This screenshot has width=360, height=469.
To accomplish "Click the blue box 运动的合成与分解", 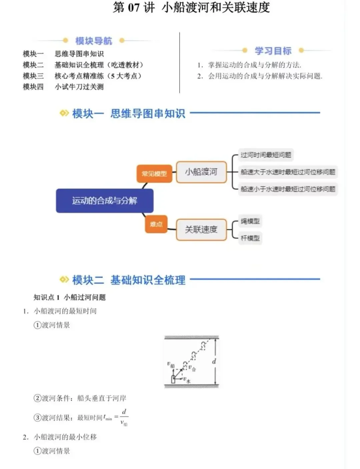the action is point(104,201).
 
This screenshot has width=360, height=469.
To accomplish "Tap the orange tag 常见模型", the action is point(154,173).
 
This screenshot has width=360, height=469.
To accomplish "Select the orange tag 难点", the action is point(156,224).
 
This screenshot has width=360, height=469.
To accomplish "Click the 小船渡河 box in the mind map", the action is point(201,172).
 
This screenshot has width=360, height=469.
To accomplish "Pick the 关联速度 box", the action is point(201,229).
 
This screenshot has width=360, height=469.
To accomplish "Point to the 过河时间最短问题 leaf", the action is point(266,155).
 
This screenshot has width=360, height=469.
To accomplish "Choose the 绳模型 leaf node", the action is point(250,221).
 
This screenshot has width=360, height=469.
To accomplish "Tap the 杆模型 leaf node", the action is point(250,238).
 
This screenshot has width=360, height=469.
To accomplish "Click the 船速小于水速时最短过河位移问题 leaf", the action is point(288,189).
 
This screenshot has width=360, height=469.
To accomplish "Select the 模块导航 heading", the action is point(94,41).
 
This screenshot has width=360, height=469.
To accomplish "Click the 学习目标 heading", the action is point(273,51).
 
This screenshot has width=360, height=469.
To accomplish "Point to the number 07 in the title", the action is point(133,7).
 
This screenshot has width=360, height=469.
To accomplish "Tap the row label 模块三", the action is point(33,76).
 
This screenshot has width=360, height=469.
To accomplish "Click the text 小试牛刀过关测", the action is point(79,87).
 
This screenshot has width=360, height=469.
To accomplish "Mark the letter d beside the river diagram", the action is point(214,361).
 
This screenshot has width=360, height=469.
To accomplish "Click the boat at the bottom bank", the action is point(173,379).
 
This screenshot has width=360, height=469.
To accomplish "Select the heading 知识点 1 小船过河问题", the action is point(70,297).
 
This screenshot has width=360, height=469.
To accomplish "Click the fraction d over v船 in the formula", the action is point(124,417).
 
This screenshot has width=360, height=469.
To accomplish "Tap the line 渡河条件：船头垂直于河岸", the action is point(80,398).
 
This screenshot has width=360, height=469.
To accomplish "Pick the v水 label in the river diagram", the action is point(187,380).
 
